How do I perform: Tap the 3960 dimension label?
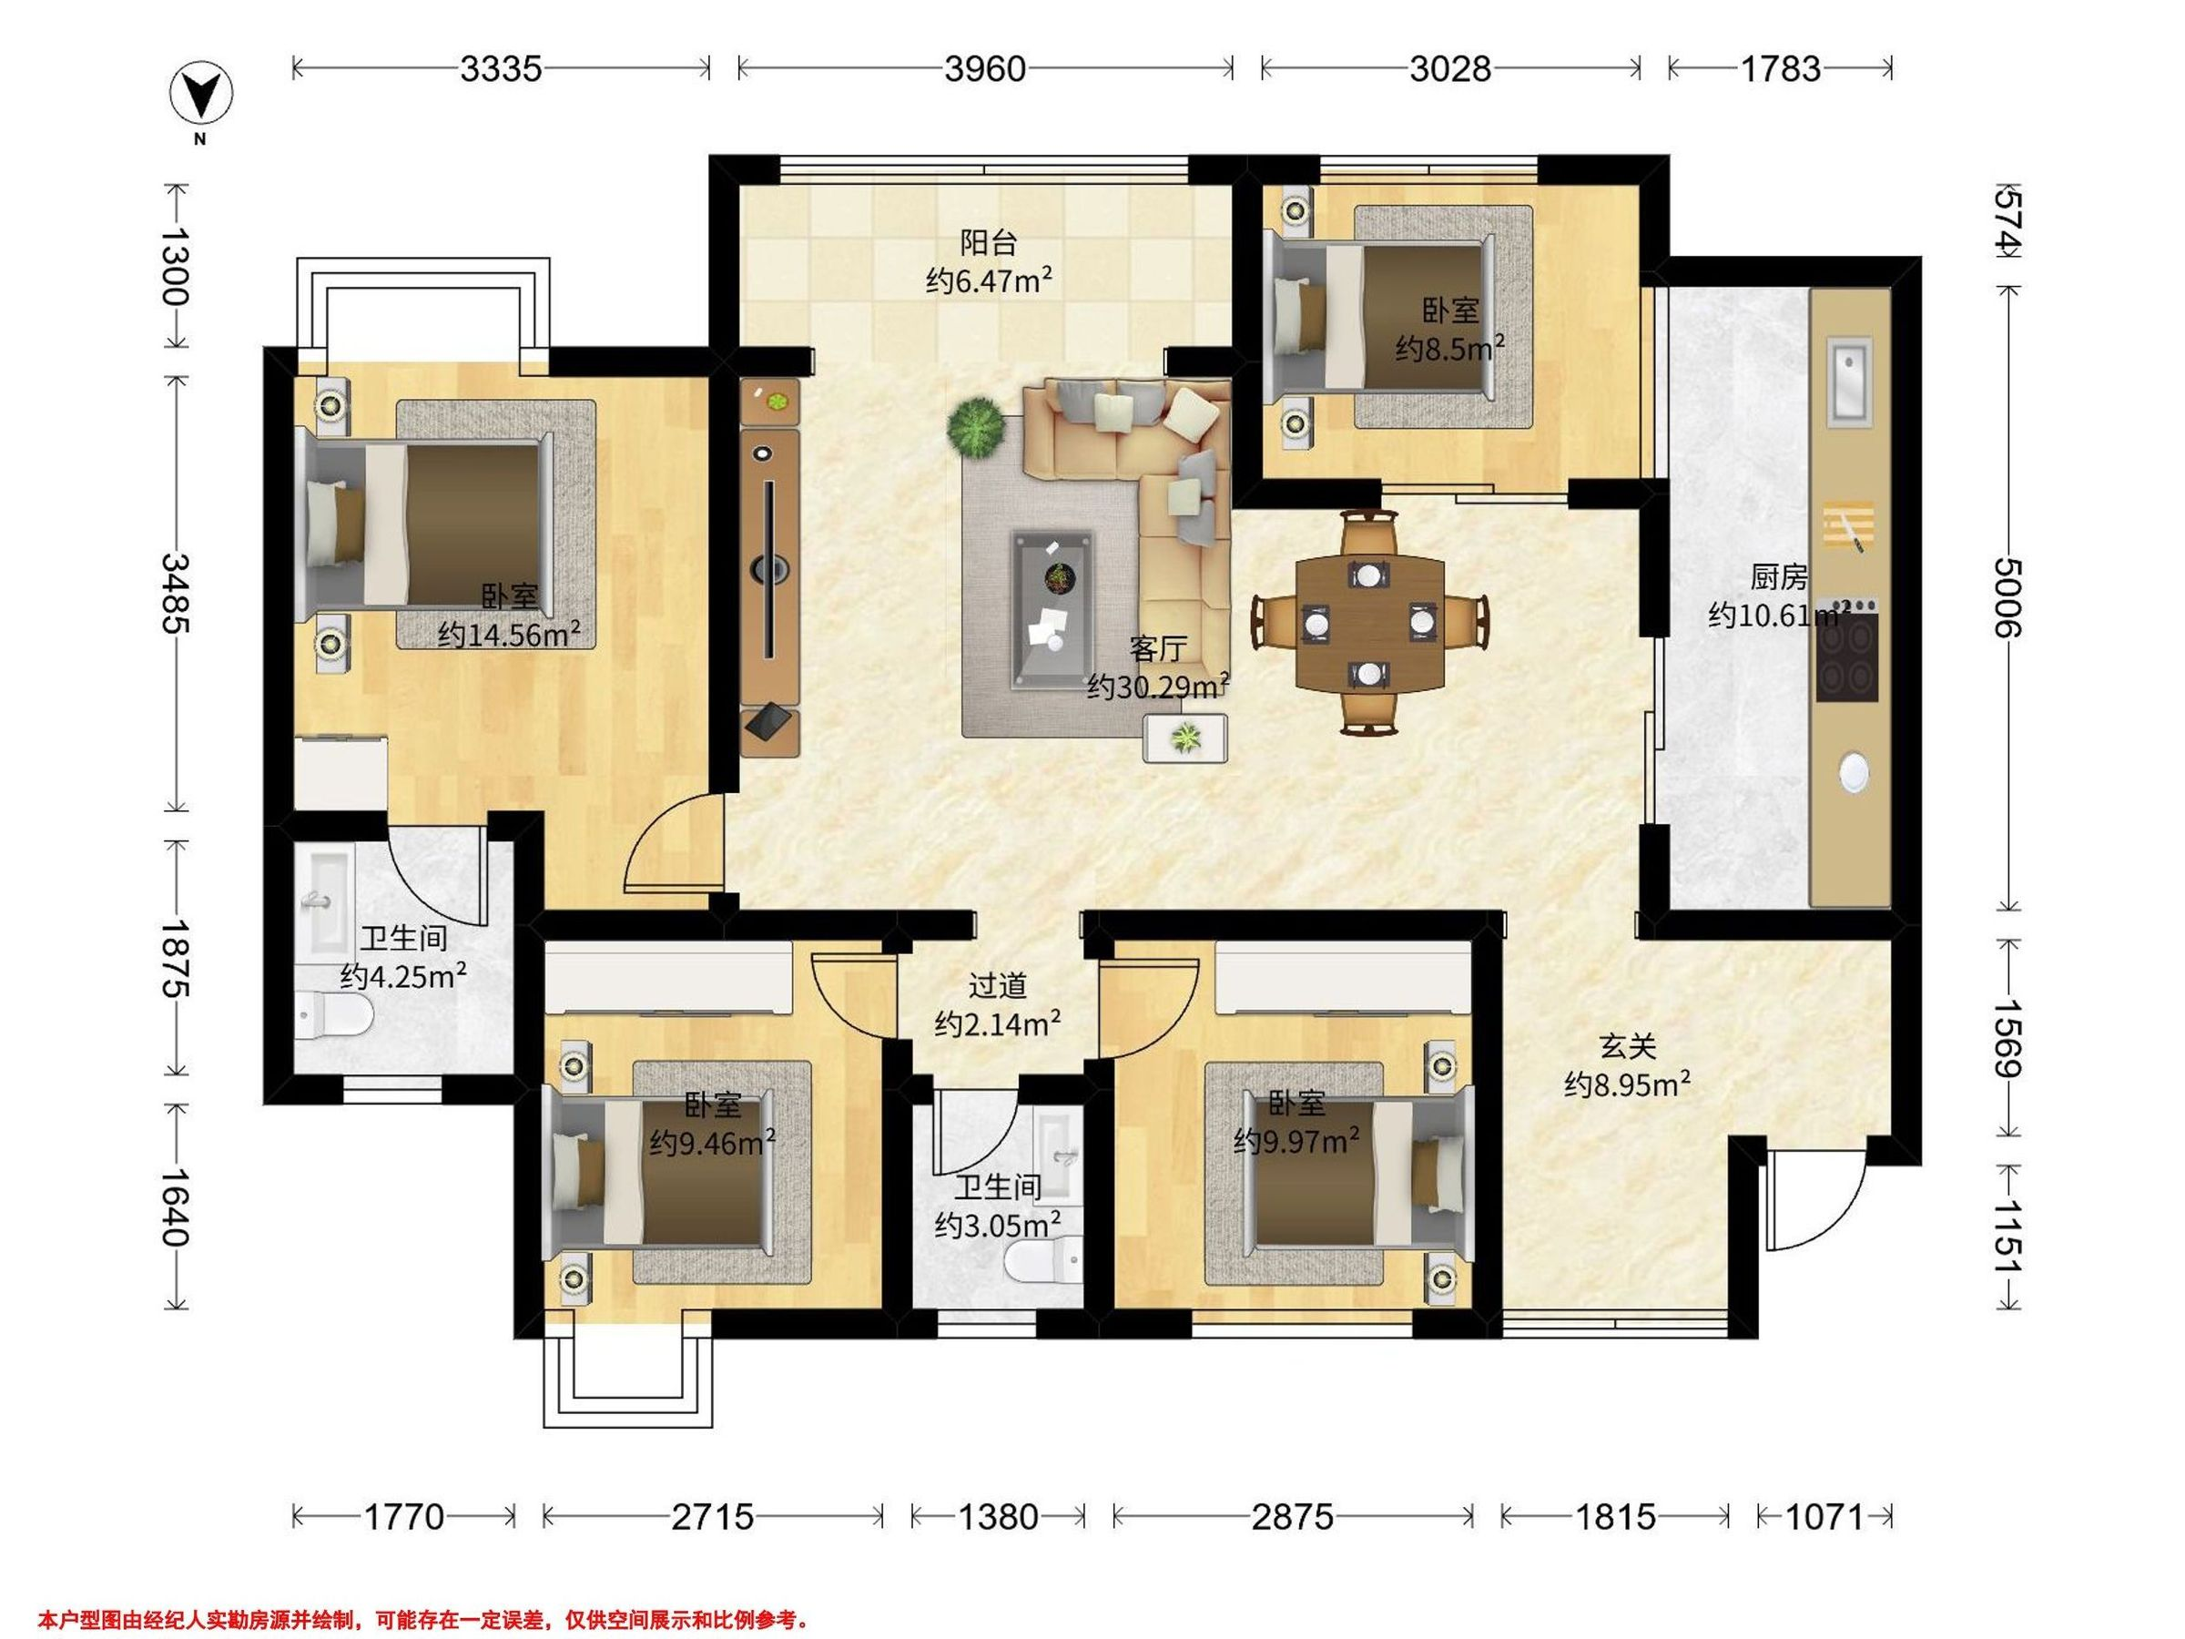point(985,68)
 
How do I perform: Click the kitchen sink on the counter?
point(1849,382)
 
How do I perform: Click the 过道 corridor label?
point(998,985)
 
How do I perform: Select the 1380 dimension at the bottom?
point(998,1516)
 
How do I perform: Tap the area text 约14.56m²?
point(509,633)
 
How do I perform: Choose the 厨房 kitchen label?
point(1778,576)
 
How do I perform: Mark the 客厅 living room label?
point(1159,649)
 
